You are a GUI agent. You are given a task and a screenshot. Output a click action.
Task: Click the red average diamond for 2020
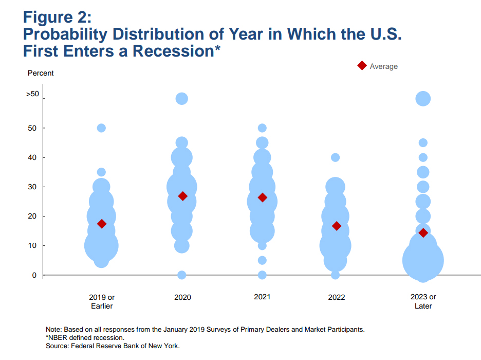(x=183, y=196)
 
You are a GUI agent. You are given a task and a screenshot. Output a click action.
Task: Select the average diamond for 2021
(x=262, y=197)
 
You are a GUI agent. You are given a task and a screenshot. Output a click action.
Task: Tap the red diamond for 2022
(x=337, y=226)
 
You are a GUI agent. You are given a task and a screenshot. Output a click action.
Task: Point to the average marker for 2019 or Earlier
(x=102, y=224)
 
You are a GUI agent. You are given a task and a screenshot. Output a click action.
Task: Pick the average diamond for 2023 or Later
(x=423, y=233)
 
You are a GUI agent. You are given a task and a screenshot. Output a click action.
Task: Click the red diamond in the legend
(x=362, y=66)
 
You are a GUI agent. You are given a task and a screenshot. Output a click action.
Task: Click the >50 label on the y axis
(x=32, y=94)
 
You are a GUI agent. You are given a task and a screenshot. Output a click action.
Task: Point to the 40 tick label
(x=32, y=157)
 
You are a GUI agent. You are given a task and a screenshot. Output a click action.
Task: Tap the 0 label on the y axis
(x=34, y=275)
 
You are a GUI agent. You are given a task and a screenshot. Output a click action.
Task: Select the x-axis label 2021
(x=262, y=297)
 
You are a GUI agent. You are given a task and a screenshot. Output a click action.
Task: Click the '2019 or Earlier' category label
(x=102, y=302)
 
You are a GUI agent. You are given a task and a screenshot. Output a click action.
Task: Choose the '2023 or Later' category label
(x=423, y=301)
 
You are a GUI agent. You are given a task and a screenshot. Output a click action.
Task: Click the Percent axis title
(x=41, y=73)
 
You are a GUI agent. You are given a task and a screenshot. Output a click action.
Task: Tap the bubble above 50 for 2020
(x=181, y=99)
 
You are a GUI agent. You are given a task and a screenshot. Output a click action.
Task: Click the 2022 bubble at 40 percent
(x=335, y=157)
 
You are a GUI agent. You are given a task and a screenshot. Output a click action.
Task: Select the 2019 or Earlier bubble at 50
(x=101, y=128)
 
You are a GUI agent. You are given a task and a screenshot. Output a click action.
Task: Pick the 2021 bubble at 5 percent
(x=262, y=260)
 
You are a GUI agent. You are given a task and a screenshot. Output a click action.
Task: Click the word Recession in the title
(x=173, y=51)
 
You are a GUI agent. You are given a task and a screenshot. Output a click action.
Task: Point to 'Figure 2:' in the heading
(x=58, y=17)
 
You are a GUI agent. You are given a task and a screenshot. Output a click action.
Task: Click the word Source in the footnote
(x=57, y=346)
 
